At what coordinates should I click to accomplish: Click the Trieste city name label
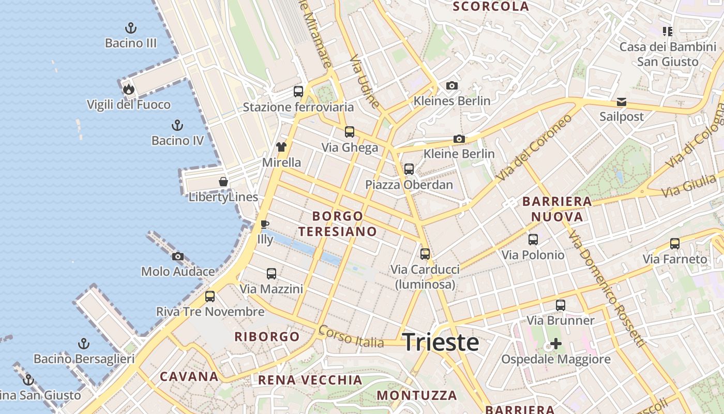click(440, 343)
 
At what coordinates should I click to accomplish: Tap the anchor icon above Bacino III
click(131, 28)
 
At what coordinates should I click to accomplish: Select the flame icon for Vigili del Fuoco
click(129, 90)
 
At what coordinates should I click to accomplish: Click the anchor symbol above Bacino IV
click(177, 125)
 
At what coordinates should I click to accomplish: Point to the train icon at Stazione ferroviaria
click(298, 92)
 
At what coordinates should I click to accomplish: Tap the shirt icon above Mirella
click(281, 147)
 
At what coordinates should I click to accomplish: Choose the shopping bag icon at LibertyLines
click(223, 182)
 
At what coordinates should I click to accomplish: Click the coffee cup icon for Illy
click(265, 224)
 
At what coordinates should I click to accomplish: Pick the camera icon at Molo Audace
click(178, 256)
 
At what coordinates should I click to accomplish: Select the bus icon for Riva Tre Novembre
click(210, 297)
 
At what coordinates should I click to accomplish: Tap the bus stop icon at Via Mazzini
click(271, 274)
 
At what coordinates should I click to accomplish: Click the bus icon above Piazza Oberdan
click(409, 169)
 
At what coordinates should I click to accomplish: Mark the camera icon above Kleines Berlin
click(452, 85)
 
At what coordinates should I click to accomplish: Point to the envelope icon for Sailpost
click(622, 102)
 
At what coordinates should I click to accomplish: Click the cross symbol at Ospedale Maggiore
click(556, 344)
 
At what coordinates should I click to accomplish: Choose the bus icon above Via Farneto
click(675, 244)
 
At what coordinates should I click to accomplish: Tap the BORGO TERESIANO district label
click(338, 224)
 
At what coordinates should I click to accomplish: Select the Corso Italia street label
click(352, 337)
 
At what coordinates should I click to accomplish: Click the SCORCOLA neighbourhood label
click(491, 7)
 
